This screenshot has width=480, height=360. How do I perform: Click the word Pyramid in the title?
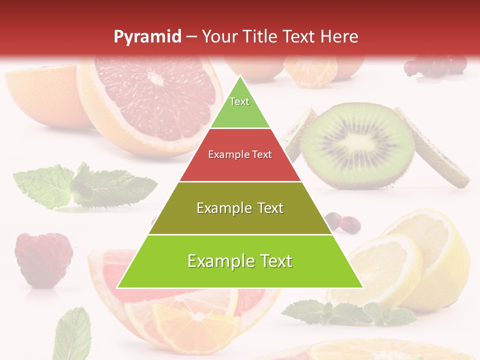click(147, 36)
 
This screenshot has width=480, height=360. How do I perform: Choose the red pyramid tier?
click(240, 155)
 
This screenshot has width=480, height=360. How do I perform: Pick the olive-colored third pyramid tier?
click(240, 208)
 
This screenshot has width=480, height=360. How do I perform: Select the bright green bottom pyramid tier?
click(240, 261)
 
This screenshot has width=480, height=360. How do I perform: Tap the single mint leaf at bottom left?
click(72, 332)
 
